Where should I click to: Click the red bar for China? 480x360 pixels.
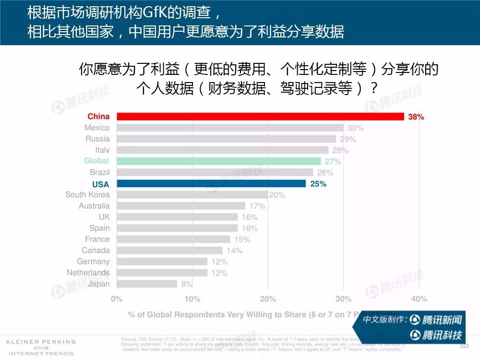[x=260, y=117]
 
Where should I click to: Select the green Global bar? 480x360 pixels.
[x=219, y=161]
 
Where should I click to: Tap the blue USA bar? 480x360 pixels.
[x=211, y=184]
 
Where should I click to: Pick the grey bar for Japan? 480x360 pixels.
[x=147, y=284]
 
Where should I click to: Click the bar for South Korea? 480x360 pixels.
[x=192, y=195]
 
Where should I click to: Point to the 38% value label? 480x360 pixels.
[x=416, y=117]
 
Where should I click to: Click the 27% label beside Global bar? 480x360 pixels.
[x=333, y=161]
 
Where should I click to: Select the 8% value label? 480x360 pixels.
[x=187, y=284]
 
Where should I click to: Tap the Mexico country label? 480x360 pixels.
[x=97, y=128]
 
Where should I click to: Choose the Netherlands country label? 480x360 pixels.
[x=88, y=273]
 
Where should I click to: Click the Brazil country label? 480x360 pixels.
[x=100, y=172]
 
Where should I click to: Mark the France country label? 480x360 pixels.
[x=97, y=239]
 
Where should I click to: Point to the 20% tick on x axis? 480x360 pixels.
[x=268, y=299]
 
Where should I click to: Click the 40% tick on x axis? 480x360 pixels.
[x=419, y=299]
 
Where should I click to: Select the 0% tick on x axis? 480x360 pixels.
[x=117, y=299]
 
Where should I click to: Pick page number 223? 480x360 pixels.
[x=464, y=346]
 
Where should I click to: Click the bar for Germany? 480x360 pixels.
[x=162, y=262]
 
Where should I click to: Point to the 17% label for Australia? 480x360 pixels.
[x=257, y=206]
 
